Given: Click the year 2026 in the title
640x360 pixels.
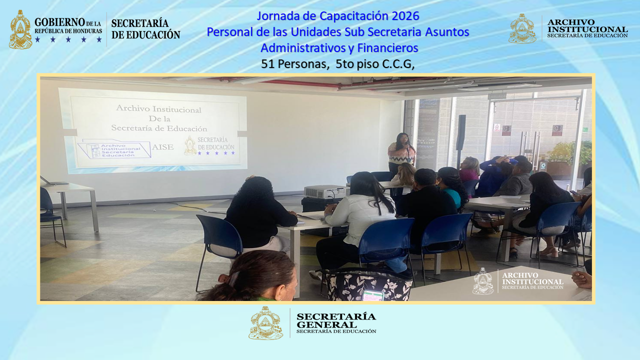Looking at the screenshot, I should (x=405, y=16).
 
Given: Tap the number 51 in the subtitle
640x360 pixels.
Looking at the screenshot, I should (x=267, y=64).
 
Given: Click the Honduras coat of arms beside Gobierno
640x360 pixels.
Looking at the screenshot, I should (x=20, y=30).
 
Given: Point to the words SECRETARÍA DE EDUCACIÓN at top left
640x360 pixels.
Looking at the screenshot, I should (x=145, y=29).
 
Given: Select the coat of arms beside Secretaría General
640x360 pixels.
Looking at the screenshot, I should (x=265, y=323).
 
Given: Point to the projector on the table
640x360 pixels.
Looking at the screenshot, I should (x=323, y=191).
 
